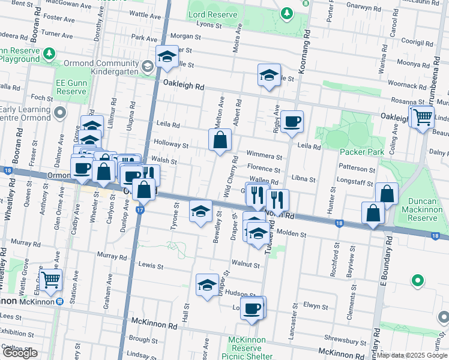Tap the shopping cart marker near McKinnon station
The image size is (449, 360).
click(x=50, y=278)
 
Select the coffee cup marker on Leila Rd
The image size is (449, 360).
click(x=292, y=122)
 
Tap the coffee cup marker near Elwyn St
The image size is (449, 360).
click(x=253, y=308)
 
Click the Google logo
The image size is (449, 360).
click(x=20, y=353)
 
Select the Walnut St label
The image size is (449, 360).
click(x=249, y=264)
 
